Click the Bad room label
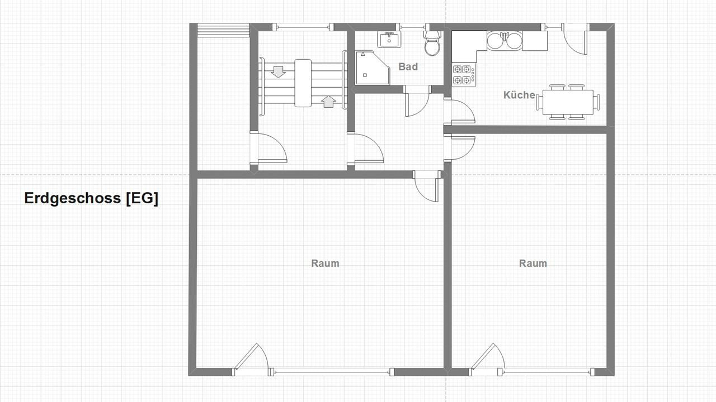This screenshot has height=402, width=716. (408, 66)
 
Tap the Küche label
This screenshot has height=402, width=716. (519, 95)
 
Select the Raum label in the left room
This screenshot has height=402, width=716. (325, 263)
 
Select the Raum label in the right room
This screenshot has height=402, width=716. (533, 263)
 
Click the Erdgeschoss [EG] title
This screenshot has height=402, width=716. (91, 198)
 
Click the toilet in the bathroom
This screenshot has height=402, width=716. (432, 43)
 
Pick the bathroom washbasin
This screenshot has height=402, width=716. (389, 39)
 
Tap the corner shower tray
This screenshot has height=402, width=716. (373, 68)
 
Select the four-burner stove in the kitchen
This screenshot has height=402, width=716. (464, 75)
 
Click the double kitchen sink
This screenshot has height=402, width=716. (505, 41)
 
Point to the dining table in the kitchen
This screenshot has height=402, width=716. (568, 102)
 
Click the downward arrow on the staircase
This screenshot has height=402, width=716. (279, 72)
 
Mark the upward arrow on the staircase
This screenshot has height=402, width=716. (328, 102)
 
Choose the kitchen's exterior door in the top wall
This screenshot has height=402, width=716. (576, 39)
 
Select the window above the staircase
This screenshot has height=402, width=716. (302, 27)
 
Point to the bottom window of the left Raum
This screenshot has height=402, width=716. (332, 372)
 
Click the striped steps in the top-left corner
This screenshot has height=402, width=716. (223, 30)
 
